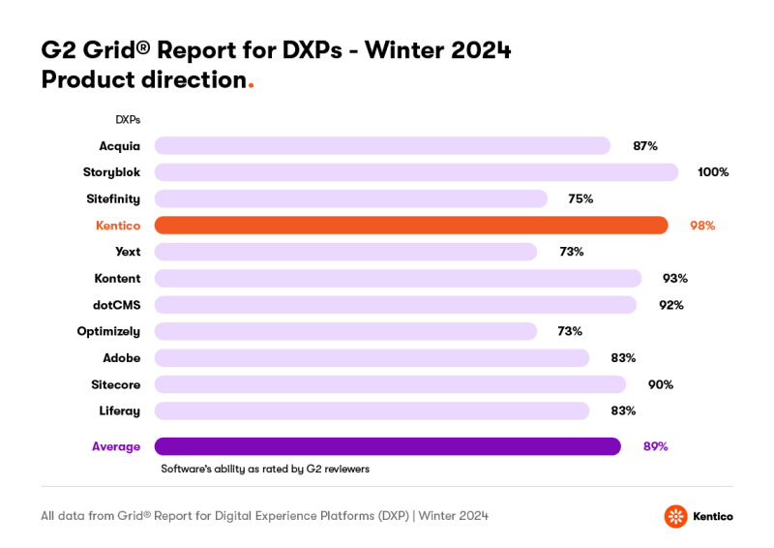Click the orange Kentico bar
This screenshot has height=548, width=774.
[411, 226]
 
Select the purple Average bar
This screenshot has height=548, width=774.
[387, 446]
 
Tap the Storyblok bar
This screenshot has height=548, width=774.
[416, 172]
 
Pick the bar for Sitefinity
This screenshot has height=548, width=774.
[351, 198]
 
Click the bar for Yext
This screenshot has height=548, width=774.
[345, 252]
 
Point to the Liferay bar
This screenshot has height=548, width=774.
[372, 411]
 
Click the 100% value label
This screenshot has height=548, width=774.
[713, 172]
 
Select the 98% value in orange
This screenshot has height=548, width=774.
[702, 226]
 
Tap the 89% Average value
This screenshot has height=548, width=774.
[655, 446]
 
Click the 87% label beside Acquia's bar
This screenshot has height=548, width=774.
[645, 146]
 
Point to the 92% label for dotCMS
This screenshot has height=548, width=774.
[671, 305]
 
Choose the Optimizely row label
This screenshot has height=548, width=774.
[108, 331]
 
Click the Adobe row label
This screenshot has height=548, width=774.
[122, 358]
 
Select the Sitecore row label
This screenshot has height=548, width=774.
[116, 384]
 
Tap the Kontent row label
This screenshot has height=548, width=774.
[117, 278]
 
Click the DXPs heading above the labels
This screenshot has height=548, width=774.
[128, 120]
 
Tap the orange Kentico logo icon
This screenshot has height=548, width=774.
[675, 516]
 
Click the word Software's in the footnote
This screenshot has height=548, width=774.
[187, 469]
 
